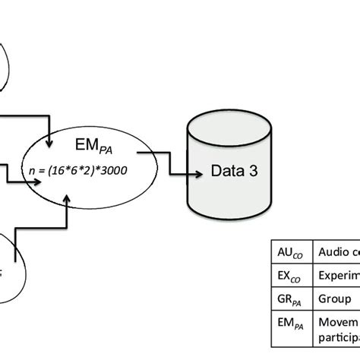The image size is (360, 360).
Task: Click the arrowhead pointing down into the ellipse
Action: [x=50, y=142]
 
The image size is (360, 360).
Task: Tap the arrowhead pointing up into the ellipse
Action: [x=70, y=201]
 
